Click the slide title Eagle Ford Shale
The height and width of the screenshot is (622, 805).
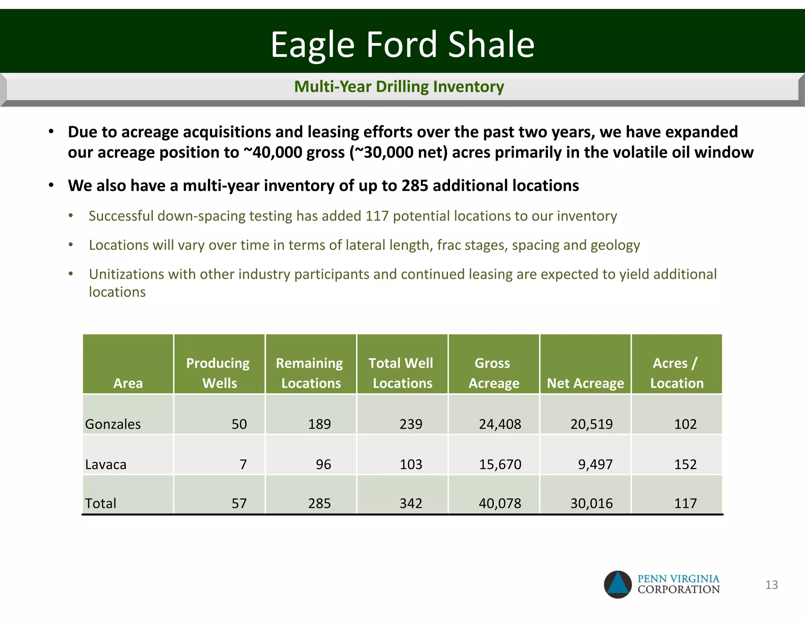tap(402, 44)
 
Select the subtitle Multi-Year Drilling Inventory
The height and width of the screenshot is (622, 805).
tap(399, 86)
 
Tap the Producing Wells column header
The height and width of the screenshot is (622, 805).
tap(218, 373)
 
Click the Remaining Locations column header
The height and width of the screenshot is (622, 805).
tap(310, 373)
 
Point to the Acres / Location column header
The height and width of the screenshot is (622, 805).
tap(676, 373)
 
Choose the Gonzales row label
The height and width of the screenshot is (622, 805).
tap(113, 424)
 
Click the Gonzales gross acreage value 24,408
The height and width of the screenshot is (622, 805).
tap(500, 424)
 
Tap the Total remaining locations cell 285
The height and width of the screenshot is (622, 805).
tap(319, 504)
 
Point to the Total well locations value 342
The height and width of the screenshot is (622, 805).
tap(411, 504)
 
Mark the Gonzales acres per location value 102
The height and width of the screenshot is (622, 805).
tap(685, 424)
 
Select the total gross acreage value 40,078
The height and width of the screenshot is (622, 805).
tap(500, 504)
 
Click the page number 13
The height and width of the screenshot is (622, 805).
tap(771, 585)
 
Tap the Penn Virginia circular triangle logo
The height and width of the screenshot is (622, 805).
tap(618, 585)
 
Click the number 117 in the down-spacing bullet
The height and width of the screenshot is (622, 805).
tap(377, 216)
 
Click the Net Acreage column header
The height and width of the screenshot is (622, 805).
tap(585, 383)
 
